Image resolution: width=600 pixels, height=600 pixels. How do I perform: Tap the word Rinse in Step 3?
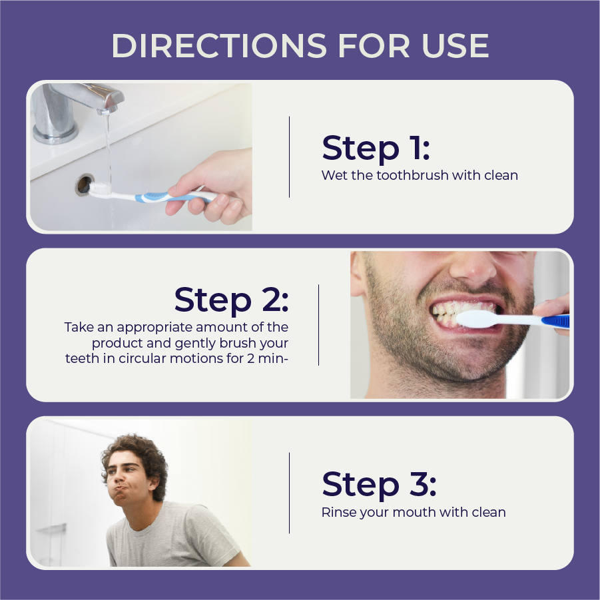pos(338,512)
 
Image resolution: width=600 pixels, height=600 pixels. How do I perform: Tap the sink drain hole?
pos(83,183)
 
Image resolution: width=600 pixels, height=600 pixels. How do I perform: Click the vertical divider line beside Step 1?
pos(289,157)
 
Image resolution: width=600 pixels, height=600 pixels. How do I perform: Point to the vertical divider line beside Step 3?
pos(289,493)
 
